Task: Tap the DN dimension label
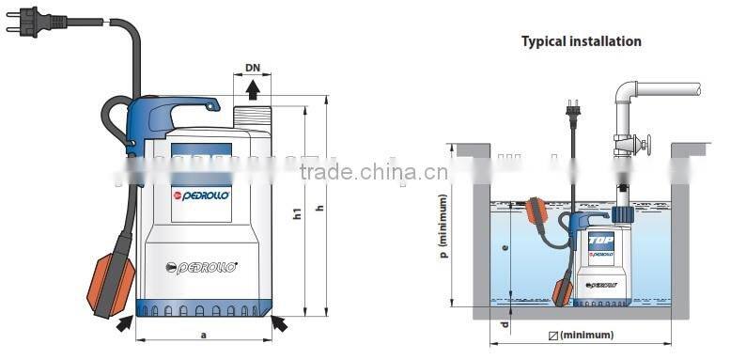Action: click(x=252, y=69)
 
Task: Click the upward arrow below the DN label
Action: click(x=253, y=89)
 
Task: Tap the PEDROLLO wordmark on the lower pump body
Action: click(x=208, y=267)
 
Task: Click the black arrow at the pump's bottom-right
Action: click(x=279, y=323)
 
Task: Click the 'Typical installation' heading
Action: click(x=582, y=41)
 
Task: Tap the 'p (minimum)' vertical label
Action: click(x=443, y=226)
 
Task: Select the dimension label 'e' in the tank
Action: click(x=505, y=249)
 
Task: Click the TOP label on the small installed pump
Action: click(x=600, y=241)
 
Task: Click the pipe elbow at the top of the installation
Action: click(x=624, y=94)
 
